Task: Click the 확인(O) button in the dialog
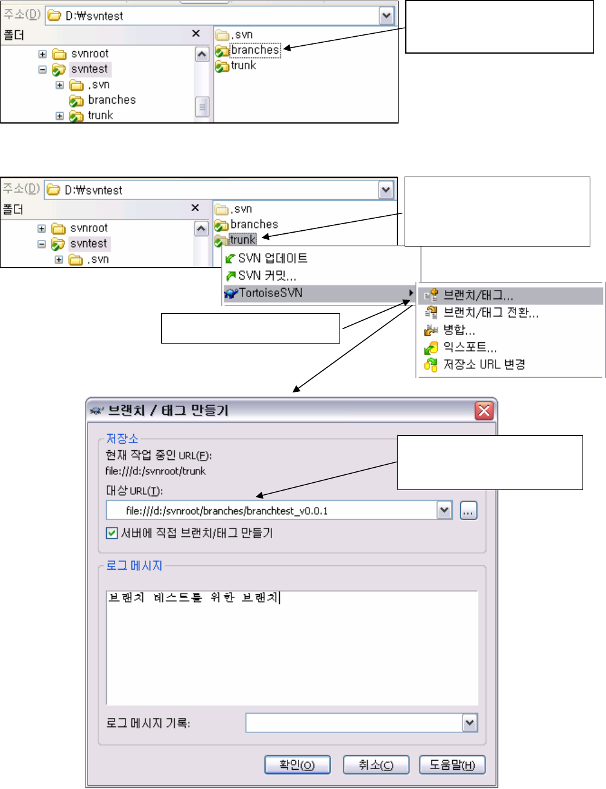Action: point(297,765)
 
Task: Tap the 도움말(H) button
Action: point(452,765)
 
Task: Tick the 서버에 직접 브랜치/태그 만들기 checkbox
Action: point(112,533)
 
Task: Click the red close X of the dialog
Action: point(484,410)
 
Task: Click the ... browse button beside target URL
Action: point(469,511)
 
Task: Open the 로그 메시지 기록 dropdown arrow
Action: point(470,723)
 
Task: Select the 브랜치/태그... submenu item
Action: point(478,295)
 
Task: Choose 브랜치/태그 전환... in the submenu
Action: point(490,312)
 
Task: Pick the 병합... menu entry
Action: point(459,330)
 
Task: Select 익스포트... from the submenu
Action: point(470,347)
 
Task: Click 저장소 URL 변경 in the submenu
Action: point(484,364)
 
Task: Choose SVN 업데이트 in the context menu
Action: point(273,258)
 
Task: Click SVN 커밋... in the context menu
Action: point(267,275)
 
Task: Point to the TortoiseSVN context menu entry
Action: point(271,293)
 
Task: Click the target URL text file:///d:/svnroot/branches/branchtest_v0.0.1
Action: point(227,511)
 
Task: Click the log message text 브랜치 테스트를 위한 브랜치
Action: point(193,598)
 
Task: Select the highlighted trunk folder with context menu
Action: point(242,240)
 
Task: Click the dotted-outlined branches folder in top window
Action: point(255,50)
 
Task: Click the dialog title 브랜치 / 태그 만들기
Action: point(168,410)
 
